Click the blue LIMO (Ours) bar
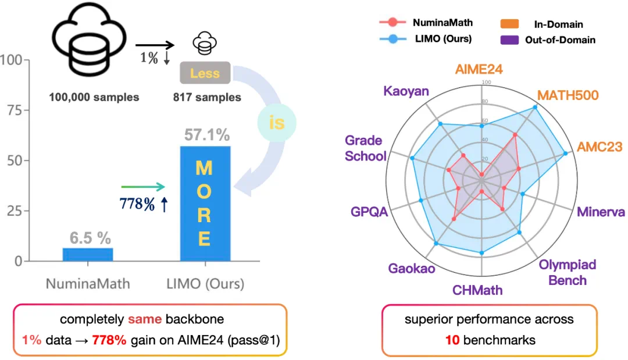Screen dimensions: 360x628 point(205,204)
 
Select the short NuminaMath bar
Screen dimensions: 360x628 point(88,254)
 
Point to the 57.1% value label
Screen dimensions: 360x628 point(206,136)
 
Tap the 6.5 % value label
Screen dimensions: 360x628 point(90,238)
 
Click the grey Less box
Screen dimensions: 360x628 point(205,73)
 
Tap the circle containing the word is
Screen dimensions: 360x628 point(277,123)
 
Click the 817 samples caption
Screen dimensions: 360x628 point(207,97)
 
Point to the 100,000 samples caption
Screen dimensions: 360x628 point(94,97)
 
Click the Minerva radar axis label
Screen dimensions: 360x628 point(601,212)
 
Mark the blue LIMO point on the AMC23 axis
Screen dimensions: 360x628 point(566,154)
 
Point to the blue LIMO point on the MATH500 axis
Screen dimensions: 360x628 point(535,108)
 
